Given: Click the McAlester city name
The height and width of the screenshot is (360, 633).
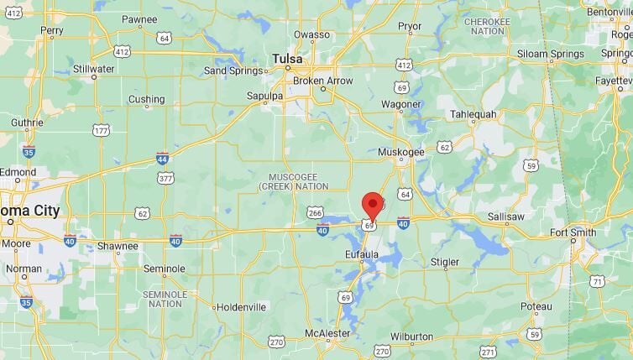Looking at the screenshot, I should [x=327, y=334].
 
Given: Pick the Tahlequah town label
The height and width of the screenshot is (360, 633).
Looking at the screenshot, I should [x=474, y=113].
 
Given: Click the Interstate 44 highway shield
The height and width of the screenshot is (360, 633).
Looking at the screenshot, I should [x=162, y=158].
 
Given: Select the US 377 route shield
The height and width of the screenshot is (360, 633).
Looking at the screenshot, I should [x=166, y=178].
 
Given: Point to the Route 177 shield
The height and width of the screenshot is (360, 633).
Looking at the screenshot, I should [x=102, y=130].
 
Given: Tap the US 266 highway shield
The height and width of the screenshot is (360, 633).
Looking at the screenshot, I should [x=315, y=213].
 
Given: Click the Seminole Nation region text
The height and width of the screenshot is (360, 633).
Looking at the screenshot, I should [x=163, y=299].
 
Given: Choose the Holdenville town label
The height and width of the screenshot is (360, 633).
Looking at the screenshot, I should [x=241, y=307].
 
